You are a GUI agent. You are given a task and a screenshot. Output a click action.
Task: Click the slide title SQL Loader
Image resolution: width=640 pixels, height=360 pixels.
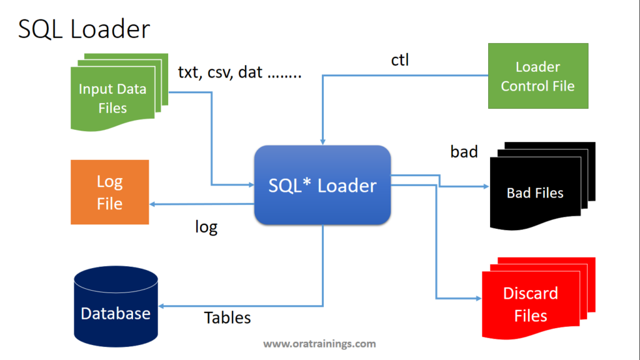click(x=84, y=29)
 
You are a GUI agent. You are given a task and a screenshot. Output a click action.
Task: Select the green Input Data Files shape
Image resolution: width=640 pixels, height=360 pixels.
click(x=112, y=97)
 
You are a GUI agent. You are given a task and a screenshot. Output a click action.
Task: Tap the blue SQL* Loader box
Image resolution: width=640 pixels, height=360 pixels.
click(x=322, y=186)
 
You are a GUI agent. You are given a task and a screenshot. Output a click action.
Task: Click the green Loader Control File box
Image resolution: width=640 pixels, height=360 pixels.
click(x=537, y=76)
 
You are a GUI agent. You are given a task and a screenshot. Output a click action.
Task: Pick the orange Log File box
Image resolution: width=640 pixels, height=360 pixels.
click(x=109, y=192)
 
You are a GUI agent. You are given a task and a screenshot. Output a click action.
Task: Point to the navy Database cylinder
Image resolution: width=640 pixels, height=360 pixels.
click(x=116, y=306)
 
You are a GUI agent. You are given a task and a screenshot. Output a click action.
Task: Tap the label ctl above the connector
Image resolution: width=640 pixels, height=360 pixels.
click(x=400, y=61)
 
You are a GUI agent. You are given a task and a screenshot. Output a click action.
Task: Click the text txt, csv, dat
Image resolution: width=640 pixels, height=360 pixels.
click(x=239, y=72)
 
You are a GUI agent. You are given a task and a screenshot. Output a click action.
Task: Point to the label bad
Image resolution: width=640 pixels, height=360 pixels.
click(x=464, y=151)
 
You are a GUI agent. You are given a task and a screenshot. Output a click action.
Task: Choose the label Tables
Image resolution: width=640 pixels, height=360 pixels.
click(x=227, y=317)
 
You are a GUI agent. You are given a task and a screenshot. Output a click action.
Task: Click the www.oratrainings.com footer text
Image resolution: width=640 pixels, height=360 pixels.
click(x=319, y=344)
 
